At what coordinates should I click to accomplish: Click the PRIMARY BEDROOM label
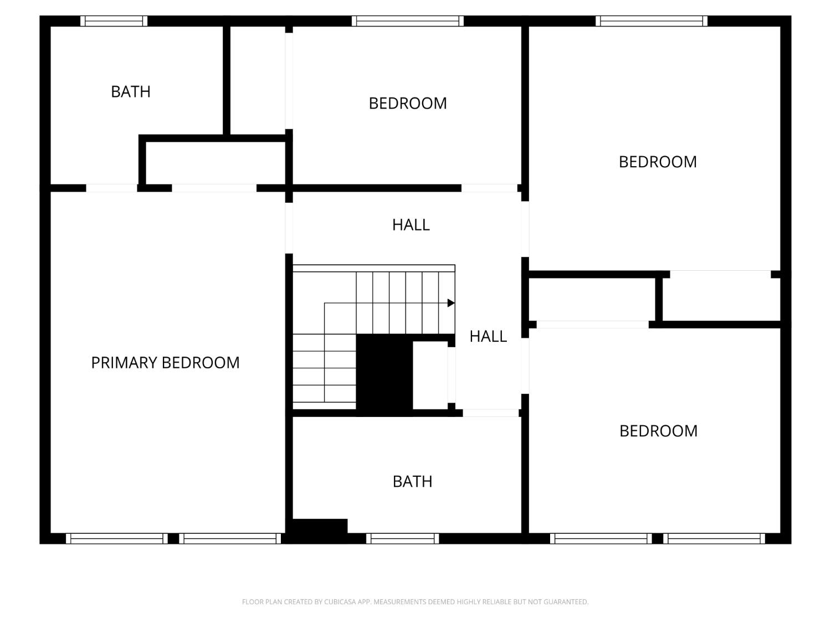[x=165, y=363]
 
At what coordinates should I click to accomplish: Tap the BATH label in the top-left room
[x=131, y=91]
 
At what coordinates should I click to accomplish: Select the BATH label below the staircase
[x=412, y=481]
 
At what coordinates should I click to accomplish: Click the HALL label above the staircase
[x=411, y=224]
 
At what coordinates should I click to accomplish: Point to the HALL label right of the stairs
[x=488, y=336]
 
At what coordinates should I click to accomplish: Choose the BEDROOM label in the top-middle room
[x=408, y=103]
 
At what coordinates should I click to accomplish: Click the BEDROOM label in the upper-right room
[x=658, y=162]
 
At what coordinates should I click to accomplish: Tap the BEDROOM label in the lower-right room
[x=658, y=431]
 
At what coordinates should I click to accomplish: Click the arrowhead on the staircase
[x=451, y=303]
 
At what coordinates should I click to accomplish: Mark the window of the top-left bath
[x=114, y=21]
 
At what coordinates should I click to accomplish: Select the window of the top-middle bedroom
[x=407, y=21]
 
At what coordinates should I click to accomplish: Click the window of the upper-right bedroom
[x=652, y=21]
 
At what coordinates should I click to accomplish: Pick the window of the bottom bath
[x=403, y=538]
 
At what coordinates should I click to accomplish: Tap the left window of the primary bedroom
[x=116, y=538]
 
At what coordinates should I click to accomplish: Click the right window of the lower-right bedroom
[x=714, y=538]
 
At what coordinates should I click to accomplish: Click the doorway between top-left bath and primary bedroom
[x=111, y=188]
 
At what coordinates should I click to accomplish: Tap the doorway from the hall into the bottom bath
[x=490, y=413]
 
